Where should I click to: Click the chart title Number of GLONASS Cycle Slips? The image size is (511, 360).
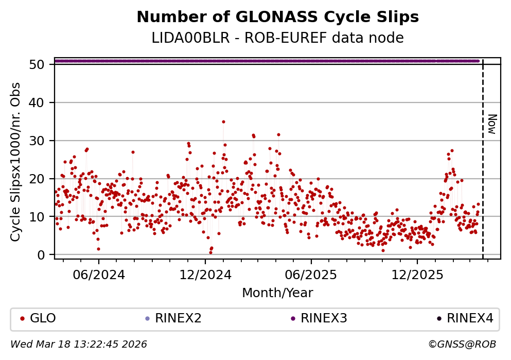[x=277, y=17]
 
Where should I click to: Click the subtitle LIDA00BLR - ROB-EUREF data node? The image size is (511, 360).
[x=277, y=38]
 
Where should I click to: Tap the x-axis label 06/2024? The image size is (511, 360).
[x=99, y=275]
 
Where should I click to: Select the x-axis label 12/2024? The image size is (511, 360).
[x=205, y=275]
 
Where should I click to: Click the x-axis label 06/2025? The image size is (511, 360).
[x=311, y=275]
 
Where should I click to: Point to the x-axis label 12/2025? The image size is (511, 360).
[x=417, y=275]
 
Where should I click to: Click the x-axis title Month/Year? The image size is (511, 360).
[x=277, y=293]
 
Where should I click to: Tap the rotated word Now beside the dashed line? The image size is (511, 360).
[x=492, y=124]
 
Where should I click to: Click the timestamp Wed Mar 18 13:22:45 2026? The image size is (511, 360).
[x=79, y=344]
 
